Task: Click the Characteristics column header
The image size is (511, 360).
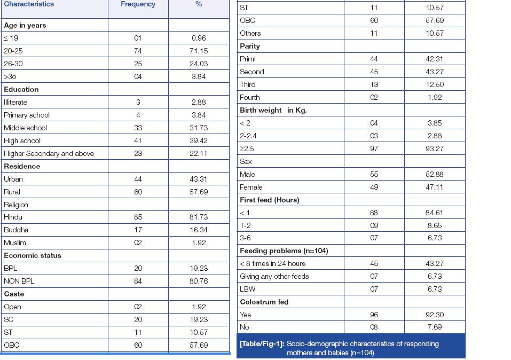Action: tap(29, 4)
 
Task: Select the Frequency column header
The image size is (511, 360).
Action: tap(138, 4)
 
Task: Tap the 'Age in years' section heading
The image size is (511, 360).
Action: tap(25, 25)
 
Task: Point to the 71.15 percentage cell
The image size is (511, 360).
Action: tap(199, 51)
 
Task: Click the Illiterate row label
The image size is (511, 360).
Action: tap(15, 102)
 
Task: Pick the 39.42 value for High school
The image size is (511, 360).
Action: tap(199, 140)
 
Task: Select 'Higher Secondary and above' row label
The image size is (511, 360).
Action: tap(49, 153)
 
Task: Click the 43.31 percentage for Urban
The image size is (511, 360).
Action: tap(199, 179)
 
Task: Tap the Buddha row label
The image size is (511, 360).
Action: tap(16, 230)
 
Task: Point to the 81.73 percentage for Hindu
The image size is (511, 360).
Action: tap(199, 217)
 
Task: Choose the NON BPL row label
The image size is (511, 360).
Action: tap(19, 281)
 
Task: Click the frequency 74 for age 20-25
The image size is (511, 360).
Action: tap(138, 51)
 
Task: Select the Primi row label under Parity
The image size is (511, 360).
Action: tap(248, 59)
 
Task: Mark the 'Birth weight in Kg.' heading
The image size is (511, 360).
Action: tap(273, 110)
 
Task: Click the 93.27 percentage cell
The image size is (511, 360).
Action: tap(435, 148)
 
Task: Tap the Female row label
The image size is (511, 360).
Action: tap(251, 187)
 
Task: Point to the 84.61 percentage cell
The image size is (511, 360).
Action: tap(435, 213)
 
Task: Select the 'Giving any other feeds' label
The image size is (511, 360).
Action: tap(274, 276)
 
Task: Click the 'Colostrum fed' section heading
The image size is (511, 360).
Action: tap(264, 302)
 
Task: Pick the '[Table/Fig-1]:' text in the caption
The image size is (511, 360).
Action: tap(261, 343)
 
